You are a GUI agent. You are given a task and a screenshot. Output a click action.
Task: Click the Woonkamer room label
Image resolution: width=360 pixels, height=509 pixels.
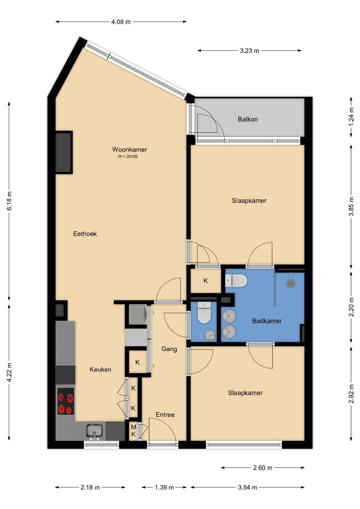(x=129, y=149)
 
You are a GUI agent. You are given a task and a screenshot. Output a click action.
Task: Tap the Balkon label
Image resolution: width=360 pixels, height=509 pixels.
(x=248, y=119)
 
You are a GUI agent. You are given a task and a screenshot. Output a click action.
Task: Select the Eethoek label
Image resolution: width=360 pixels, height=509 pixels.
(x=85, y=234)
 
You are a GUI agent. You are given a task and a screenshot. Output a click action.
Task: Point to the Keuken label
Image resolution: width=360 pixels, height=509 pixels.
(x=100, y=370)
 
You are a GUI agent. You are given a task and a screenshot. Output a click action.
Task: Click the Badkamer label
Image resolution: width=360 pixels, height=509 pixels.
(x=267, y=321)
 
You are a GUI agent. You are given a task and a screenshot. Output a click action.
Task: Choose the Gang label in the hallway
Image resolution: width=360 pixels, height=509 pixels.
(x=169, y=349)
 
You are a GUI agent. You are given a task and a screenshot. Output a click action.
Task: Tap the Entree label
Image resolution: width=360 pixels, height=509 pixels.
(x=165, y=415)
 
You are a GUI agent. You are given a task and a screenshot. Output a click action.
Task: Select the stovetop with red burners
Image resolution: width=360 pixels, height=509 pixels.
(x=66, y=401)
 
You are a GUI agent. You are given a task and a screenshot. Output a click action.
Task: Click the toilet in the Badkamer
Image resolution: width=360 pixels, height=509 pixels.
(x=236, y=281)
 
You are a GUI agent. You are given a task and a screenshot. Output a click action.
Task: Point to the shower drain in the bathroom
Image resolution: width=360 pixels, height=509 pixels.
(x=291, y=283)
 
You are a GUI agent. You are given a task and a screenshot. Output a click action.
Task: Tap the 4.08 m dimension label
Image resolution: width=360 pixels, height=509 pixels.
(x=121, y=22)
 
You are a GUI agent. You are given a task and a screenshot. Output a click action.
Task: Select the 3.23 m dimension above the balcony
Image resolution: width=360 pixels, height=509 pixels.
(x=249, y=51)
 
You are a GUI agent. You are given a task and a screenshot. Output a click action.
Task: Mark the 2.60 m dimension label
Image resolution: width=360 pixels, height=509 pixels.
(x=263, y=468)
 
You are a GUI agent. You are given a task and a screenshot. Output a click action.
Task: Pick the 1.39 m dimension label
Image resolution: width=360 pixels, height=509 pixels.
(x=164, y=487)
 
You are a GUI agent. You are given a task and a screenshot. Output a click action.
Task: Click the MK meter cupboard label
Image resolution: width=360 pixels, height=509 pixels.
(x=134, y=431)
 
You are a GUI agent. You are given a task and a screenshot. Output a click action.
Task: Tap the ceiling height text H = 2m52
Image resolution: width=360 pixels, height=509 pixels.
(x=128, y=156)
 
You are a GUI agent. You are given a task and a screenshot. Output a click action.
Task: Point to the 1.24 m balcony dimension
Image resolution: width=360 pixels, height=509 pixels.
(x=351, y=117)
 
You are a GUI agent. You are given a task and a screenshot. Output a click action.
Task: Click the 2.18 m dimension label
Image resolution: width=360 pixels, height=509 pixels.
(x=90, y=487)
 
